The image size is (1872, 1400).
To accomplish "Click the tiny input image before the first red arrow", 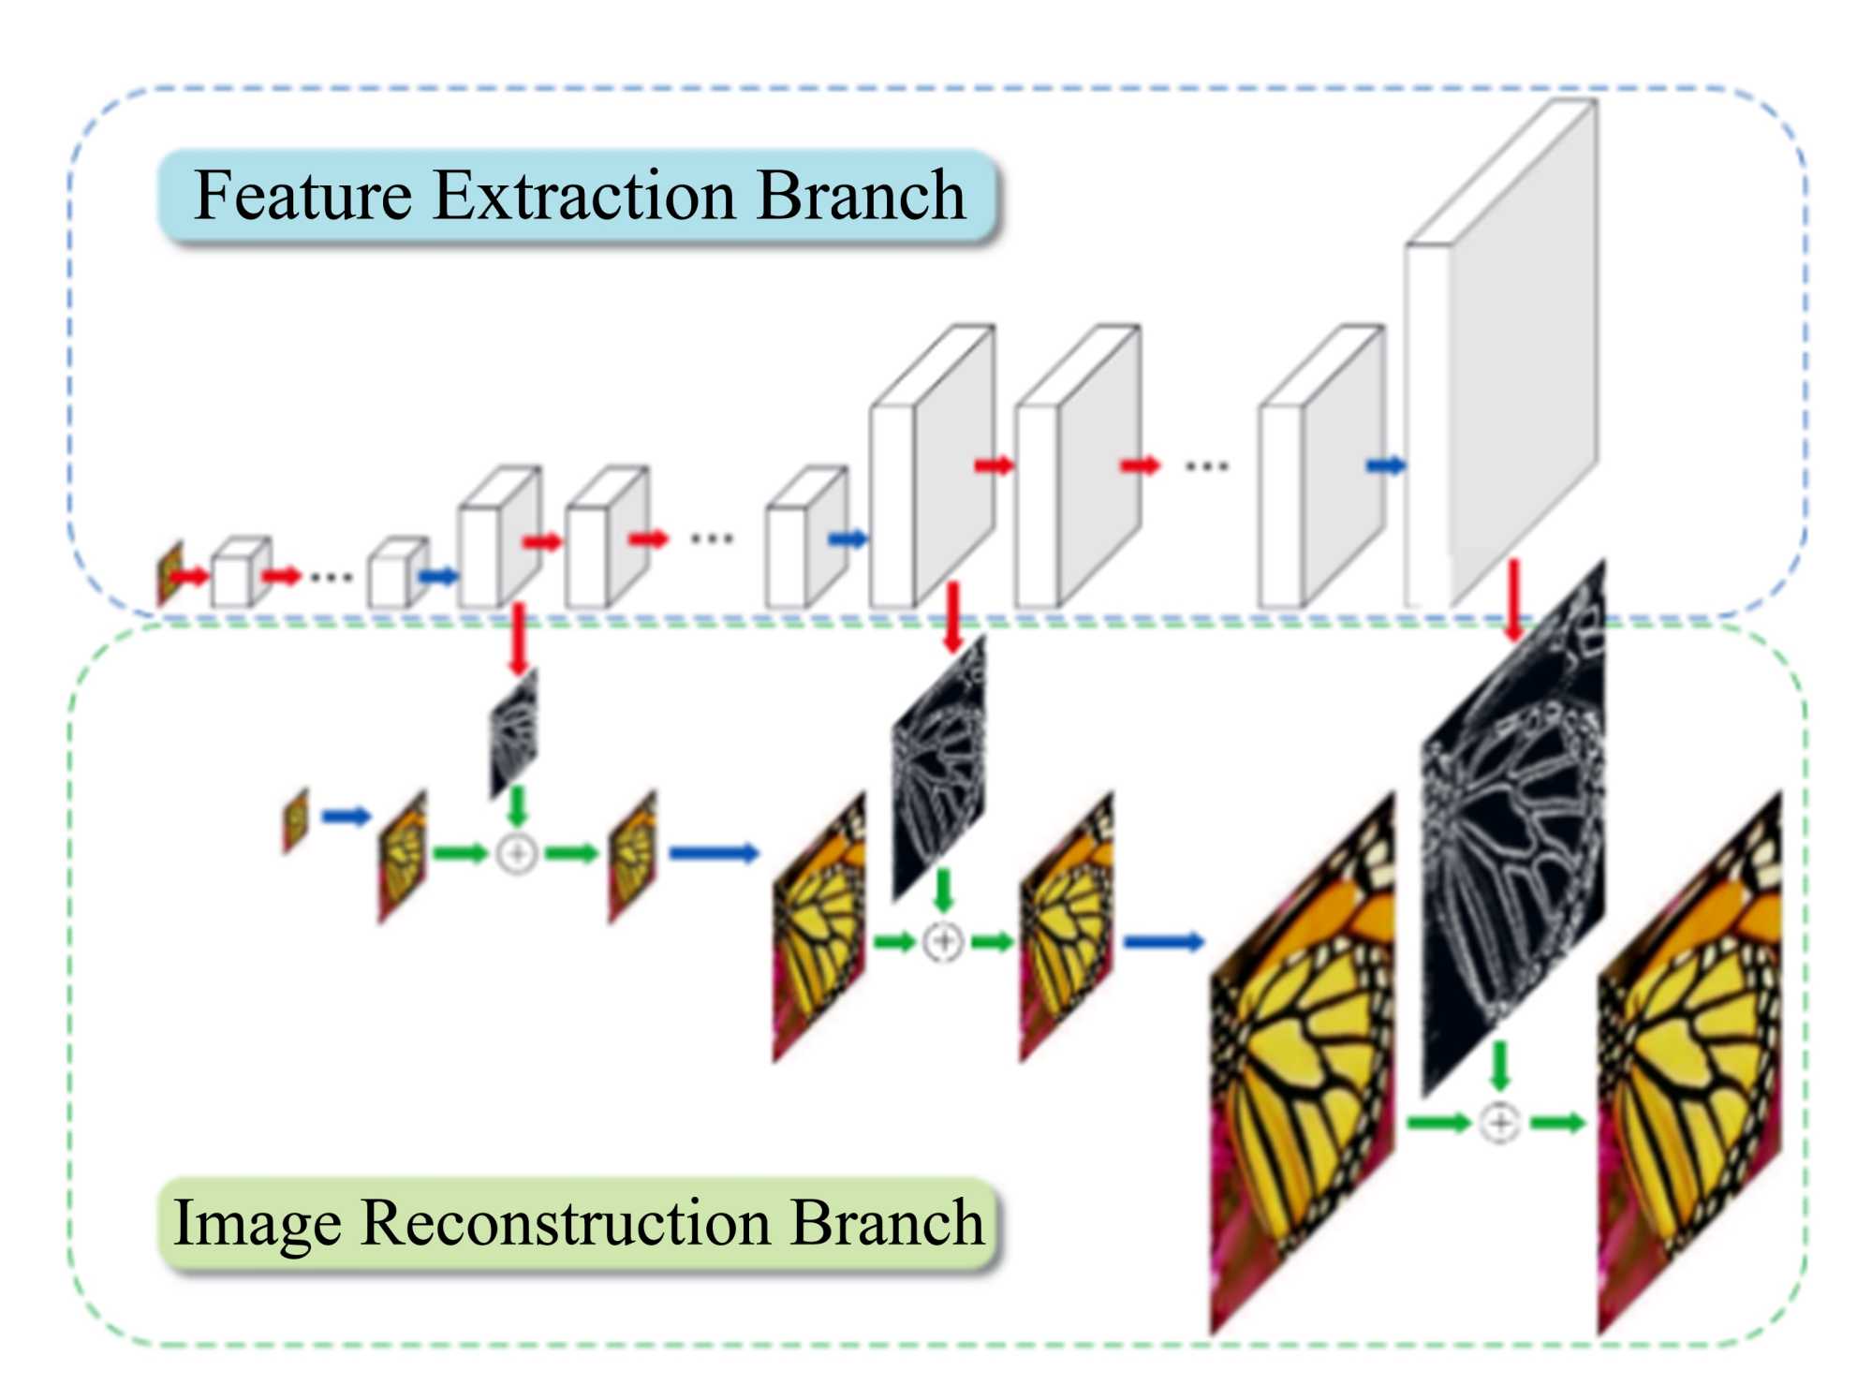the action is tap(170, 573).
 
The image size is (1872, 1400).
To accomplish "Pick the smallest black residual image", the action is tap(513, 734).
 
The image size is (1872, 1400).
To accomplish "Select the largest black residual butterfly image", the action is tap(1512, 829).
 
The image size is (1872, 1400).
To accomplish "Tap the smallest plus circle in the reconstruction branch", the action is tap(516, 853).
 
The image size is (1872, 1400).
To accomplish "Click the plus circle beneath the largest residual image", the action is tap(1499, 1122).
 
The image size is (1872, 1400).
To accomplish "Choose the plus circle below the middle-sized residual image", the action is tap(943, 941).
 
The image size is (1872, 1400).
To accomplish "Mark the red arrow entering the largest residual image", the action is tap(1513, 600).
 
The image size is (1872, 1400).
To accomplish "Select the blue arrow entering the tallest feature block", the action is tap(1386, 465).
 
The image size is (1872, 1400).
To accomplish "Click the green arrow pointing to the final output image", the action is tap(1557, 1122).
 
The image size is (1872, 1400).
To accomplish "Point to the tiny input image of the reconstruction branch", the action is tap(296, 821).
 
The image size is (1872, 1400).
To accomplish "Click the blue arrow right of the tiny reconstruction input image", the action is tap(346, 817).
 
